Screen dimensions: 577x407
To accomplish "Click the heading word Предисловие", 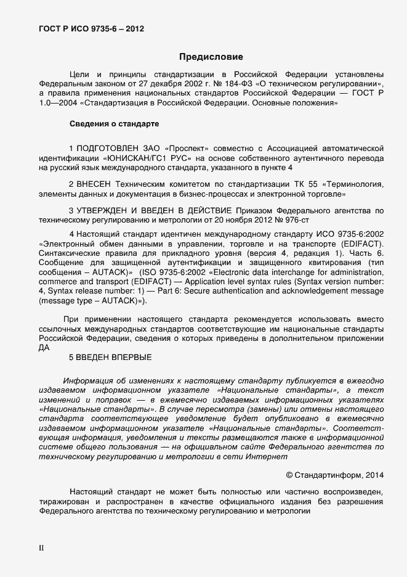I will point(211,57).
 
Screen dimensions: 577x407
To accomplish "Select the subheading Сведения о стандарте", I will point(114,124).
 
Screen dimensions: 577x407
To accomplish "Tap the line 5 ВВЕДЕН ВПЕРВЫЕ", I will point(110,357).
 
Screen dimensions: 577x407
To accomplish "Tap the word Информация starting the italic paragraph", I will point(87,381).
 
